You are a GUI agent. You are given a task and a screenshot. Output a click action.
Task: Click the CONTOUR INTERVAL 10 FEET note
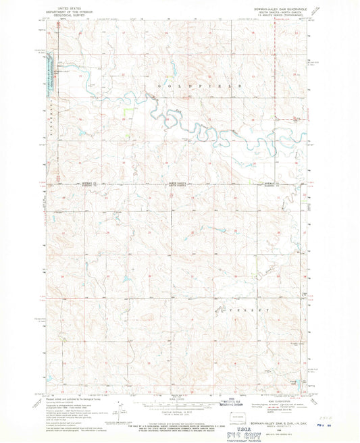click(x=179, y=413)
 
